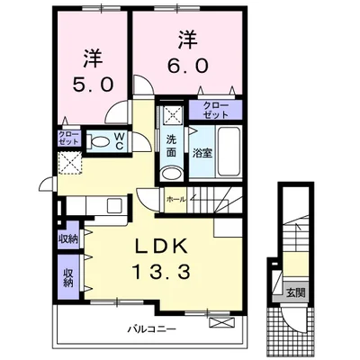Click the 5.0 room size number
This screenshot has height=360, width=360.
[x=93, y=85]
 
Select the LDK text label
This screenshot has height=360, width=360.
[x=162, y=247]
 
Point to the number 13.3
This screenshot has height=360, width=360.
[x=162, y=273]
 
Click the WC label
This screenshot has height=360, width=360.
[x=120, y=141]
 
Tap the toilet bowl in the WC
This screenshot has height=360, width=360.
[x=98, y=141]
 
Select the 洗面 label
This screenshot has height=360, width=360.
[x=171, y=146]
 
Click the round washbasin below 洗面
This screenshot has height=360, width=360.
[x=171, y=174]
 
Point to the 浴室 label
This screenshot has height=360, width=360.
[x=202, y=153]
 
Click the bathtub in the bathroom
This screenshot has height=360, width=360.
[x=229, y=151]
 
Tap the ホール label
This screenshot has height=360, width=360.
[x=176, y=199]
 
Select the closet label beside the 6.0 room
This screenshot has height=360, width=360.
[x=216, y=110]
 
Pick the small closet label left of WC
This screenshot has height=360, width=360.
[x=68, y=138]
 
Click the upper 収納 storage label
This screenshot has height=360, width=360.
[x=68, y=239]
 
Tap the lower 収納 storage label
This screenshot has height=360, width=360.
[x=68, y=277]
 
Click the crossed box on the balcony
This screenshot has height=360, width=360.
[x=220, y=323]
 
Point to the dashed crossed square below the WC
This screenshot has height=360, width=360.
[x=70, y=162]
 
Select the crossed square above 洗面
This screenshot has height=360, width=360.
[x=172, y=114]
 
